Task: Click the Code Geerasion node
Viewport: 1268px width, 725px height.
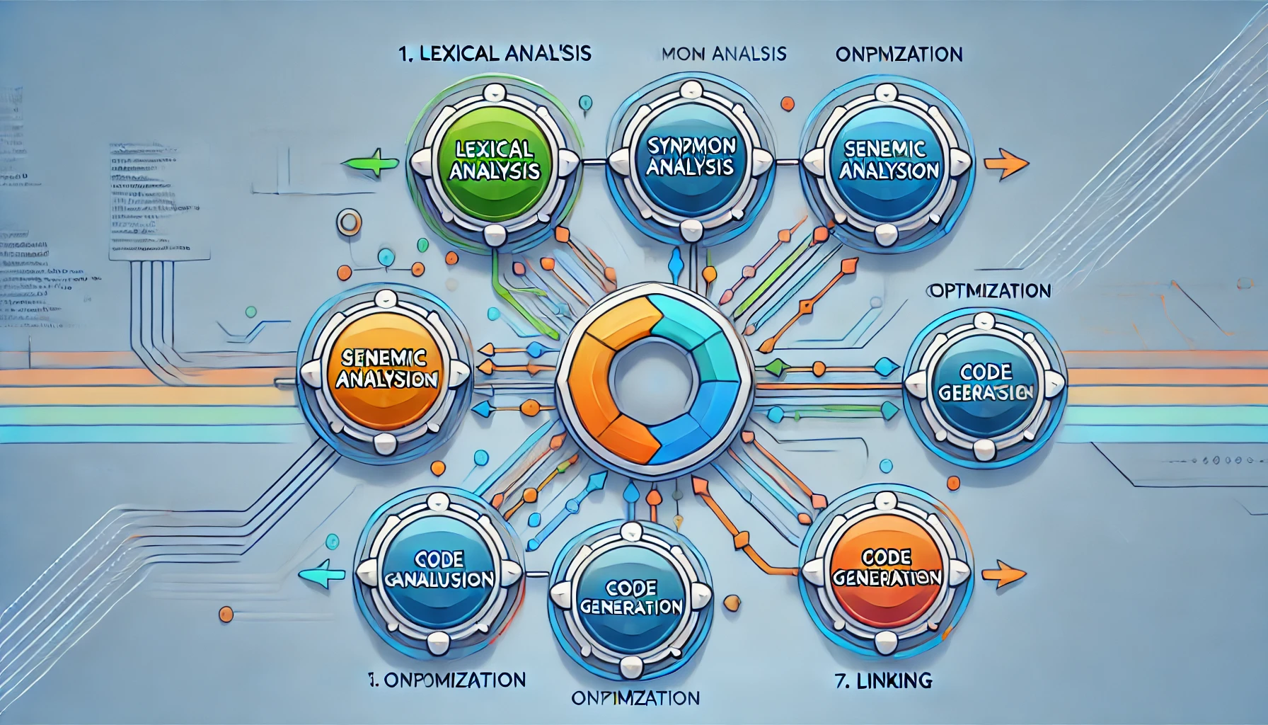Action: point(986,382)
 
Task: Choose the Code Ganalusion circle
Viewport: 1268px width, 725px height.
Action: point(439,571)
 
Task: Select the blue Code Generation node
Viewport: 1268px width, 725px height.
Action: point(630,598)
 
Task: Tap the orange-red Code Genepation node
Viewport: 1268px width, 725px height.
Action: point(887,568)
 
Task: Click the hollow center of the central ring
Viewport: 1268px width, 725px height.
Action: point(654,373)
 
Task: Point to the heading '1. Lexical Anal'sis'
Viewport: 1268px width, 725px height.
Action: point(495,53)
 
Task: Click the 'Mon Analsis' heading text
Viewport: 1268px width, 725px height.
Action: point(724,53)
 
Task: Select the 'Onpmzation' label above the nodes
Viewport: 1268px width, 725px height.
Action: point(899,55)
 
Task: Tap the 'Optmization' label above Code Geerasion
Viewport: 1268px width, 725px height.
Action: point(989,290)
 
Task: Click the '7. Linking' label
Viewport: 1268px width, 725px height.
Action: point(883,681)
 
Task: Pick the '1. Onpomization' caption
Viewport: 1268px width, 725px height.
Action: point(447,680)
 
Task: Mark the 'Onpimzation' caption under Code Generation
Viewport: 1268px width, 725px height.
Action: point(635,698)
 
